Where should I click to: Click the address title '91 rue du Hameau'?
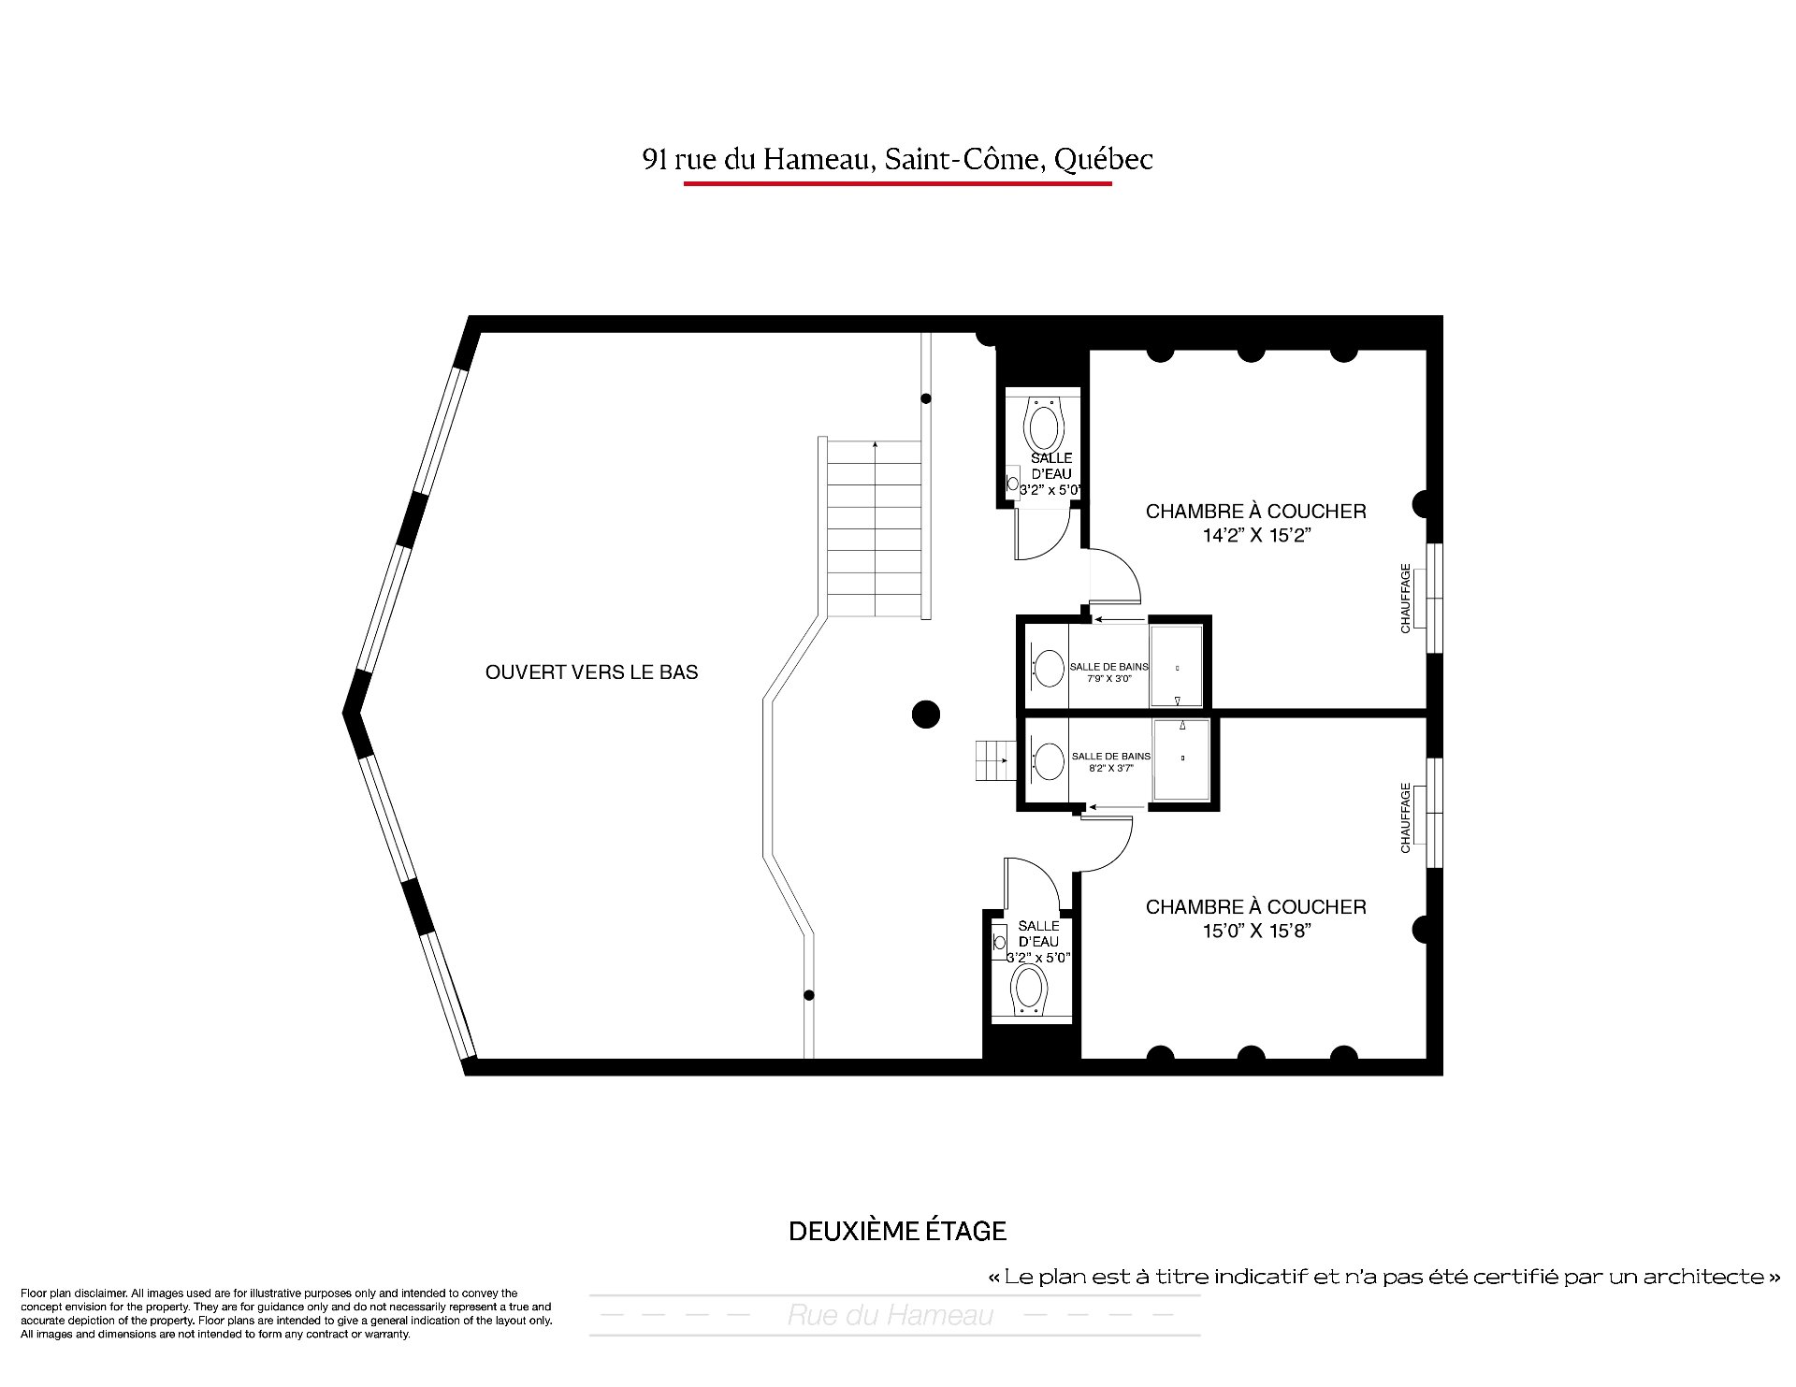pos(759,160)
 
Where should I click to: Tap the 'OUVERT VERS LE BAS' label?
pos(591,672)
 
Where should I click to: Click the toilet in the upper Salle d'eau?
pos(1044,425)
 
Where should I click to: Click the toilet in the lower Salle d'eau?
pos(1029,990)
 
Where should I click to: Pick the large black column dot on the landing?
pos(925,715)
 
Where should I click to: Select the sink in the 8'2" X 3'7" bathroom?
pos(1048,761)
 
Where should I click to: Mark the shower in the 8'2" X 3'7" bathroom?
pos(1181,759)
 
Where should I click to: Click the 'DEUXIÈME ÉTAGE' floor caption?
pos(898,1231)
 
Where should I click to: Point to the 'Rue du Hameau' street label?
pos(890,1316)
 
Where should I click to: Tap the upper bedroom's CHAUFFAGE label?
pos(1405,599)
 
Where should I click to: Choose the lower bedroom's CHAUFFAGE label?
pos(1405,817)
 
